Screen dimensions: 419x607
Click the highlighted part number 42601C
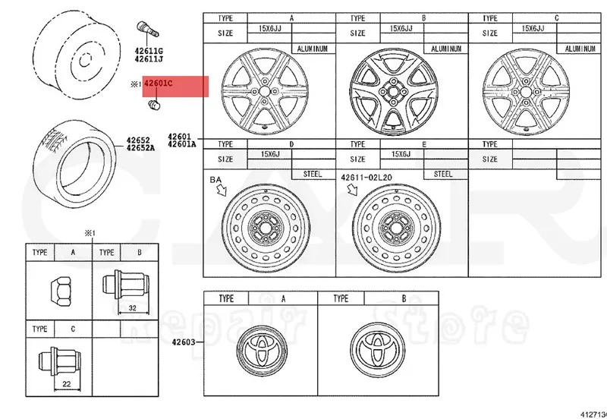tap(161, 84)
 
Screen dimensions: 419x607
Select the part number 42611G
tap(148, 49)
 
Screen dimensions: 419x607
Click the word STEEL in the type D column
tap(313, 174)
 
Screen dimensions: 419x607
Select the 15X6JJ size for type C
tap(533, 28)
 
